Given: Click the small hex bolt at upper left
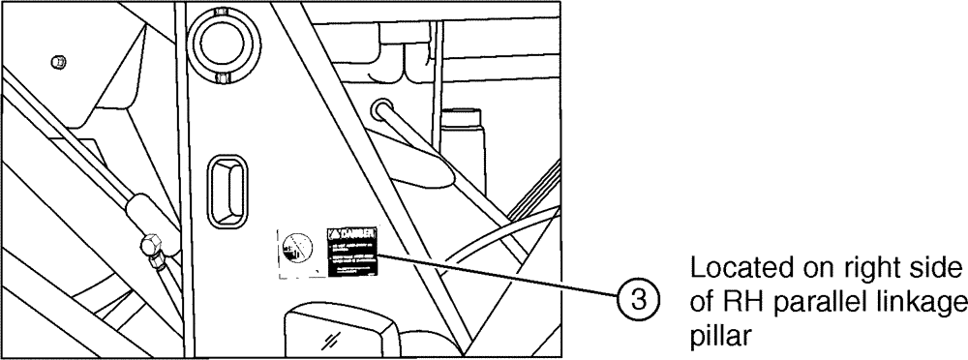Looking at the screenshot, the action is tap(60, 62).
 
